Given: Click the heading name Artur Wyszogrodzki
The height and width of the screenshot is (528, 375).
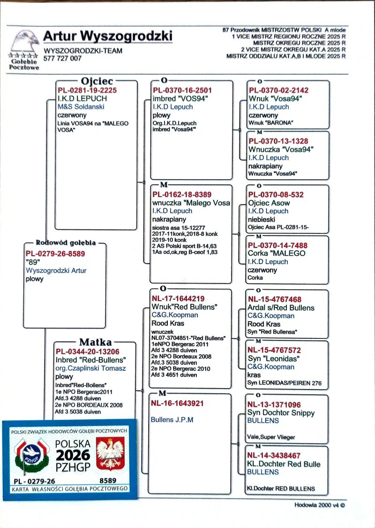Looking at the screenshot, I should pos(108,36).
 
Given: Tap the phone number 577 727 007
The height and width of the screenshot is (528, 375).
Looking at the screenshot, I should pos(62,59).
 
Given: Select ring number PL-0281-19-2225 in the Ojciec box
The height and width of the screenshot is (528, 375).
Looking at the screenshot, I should pos(87,90).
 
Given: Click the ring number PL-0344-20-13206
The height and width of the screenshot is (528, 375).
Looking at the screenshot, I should pos(88,352).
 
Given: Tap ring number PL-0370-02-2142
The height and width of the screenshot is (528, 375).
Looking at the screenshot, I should pos(278,90).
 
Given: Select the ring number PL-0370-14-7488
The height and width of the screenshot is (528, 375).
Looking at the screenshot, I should pos(278,245).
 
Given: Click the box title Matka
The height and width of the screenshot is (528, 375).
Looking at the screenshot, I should pos(95,342).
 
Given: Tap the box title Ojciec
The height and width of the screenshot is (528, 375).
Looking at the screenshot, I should pos(97,81).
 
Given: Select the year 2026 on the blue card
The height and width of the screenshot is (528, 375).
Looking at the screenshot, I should pos(73,455).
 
